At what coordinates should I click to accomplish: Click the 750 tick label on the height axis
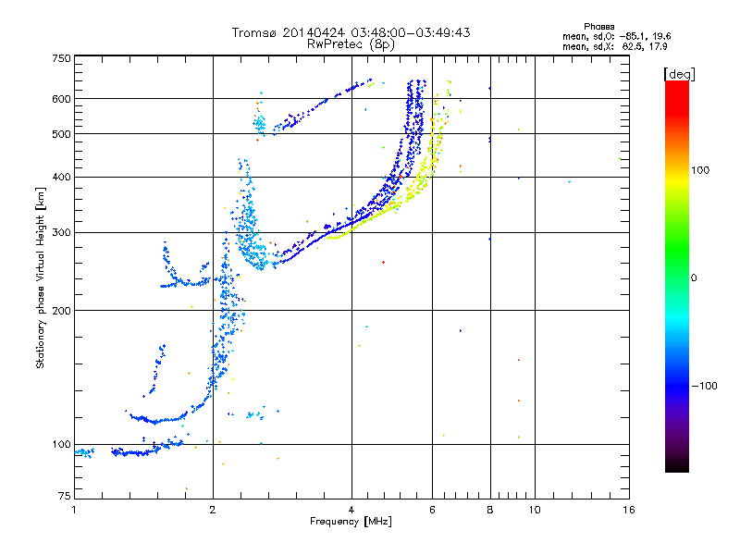click(61, 58)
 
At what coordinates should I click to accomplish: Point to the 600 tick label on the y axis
click(61, 99)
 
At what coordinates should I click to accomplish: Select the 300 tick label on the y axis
click(61, 233)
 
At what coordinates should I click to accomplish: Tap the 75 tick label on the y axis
click(65, 496)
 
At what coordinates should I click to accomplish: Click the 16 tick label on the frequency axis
click(629, 510)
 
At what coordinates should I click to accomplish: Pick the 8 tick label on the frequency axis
click(490, 510)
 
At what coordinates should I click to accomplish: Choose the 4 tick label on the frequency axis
click(351, 510)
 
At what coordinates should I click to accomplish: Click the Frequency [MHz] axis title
click(351, 522)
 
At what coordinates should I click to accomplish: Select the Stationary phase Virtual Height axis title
click(40, 278)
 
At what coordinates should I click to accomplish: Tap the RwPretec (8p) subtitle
click(351, 44)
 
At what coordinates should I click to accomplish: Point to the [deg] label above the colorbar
click(679, 74)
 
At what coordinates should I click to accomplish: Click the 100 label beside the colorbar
click(700, 170)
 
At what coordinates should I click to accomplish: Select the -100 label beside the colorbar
click(704, 386)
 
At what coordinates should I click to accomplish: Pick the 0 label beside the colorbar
click(694, 278)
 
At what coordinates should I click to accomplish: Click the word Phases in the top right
click(598, 27)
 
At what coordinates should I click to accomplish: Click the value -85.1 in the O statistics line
click(633, 37)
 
